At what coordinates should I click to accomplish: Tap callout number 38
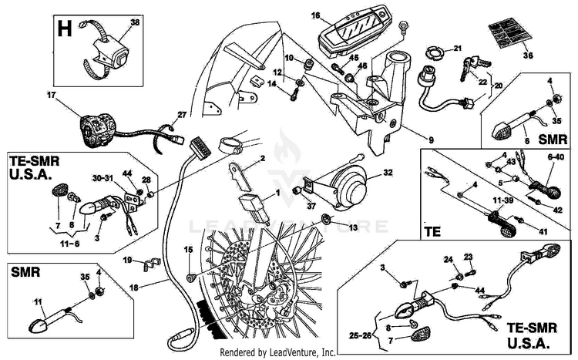[136, 23]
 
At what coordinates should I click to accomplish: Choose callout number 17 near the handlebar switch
[52, 96]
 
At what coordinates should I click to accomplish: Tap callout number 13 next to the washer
[353, 229]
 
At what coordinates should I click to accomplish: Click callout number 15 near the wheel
[187, 250]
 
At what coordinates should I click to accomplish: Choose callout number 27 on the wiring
[182, 115]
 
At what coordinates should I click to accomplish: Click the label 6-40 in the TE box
[556, 156]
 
